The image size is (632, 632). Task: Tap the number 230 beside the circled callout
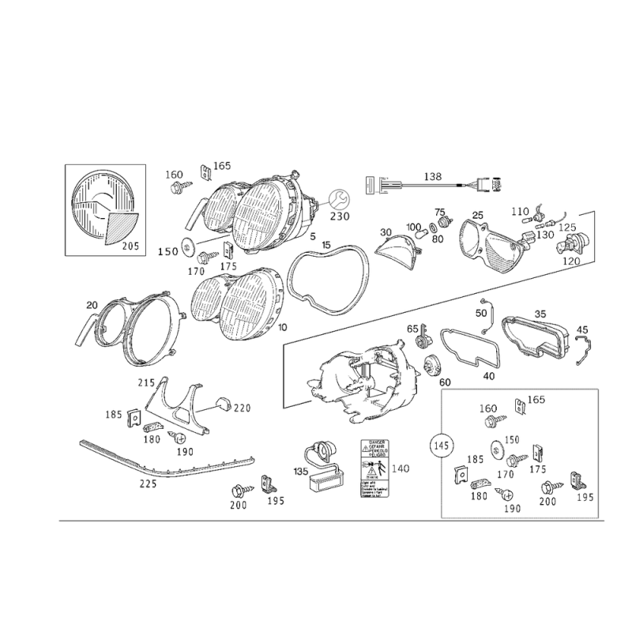point(340,216)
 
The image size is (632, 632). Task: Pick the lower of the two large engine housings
point(237,304)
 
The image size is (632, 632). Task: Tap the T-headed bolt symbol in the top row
point(384,186)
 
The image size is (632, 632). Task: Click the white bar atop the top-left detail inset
point(104,166)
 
